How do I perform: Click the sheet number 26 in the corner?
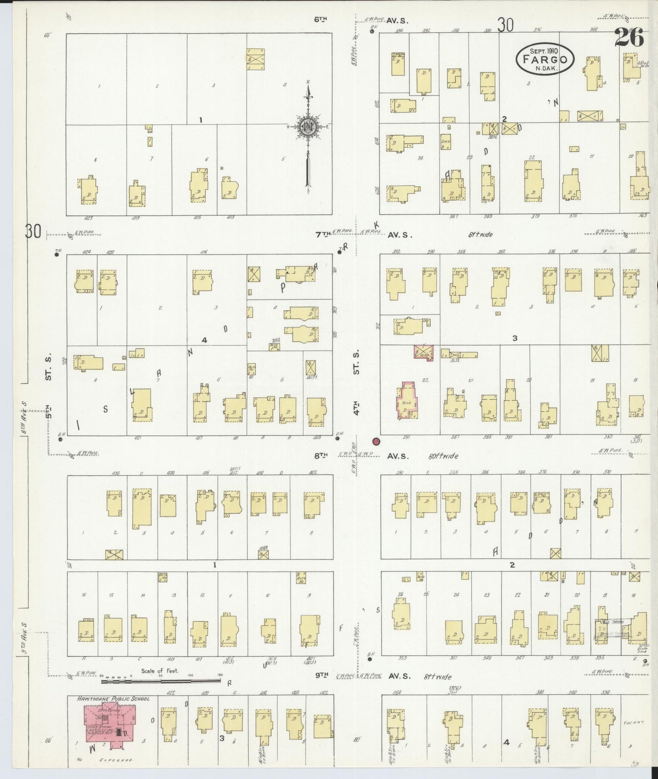[630, 37]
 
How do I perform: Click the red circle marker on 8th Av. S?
[376, 441]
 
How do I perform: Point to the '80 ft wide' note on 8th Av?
[443, 456]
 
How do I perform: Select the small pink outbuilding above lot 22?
[423, 353]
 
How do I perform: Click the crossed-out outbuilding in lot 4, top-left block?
[256, 59]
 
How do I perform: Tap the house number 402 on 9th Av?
[324, 693]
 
